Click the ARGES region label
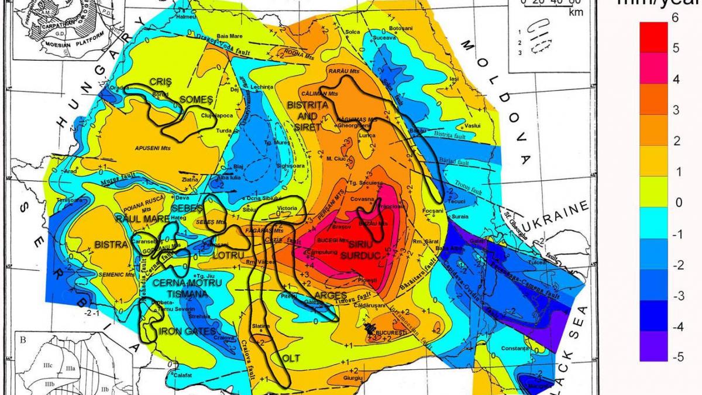click(x=331, y=295)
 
